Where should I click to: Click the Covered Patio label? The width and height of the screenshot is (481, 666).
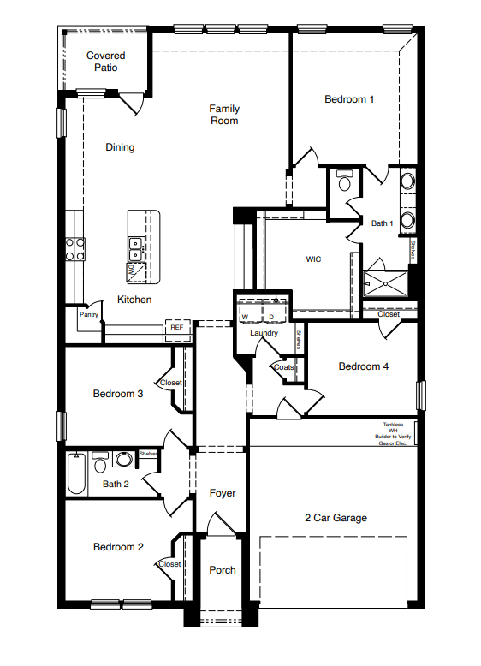(x=106, y=62)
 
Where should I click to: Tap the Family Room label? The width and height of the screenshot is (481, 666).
(x=224, y=115)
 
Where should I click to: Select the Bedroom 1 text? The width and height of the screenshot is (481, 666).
(x=349, y=99)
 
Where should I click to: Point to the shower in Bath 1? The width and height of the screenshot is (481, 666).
(x=385, y=283)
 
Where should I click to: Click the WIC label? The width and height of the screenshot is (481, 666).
(x=313, y=259)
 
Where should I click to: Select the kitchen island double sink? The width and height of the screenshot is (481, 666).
(x=135, y=249)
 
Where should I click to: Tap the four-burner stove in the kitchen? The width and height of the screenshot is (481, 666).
(x=75, y=248)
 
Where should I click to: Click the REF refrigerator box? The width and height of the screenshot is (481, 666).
(x=176, y=327)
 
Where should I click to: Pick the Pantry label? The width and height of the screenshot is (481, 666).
(x=88, y=314)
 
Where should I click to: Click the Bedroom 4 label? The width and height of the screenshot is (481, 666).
(x=364, y=366)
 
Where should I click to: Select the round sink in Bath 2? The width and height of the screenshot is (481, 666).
(x=124, y=461)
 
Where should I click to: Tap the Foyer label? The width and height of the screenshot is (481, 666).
(x=223, y=493)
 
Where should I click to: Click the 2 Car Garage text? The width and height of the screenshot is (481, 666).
(x=336, y=518)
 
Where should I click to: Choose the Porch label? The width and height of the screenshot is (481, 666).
(x=223, y=570)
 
